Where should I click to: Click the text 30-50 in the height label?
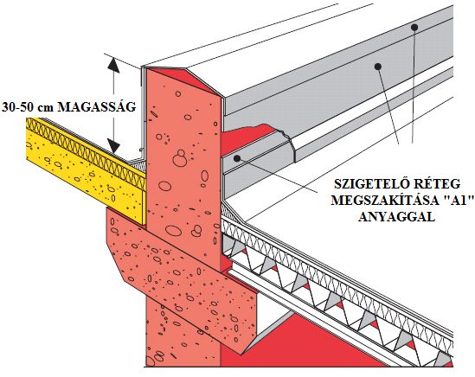[x=19, y=107]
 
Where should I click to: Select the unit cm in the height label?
[x=47, y=108]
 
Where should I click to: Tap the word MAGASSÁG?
[x=96, y=106]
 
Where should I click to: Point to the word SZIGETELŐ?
[x=369, y=183]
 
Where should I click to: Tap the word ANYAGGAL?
[x=396, y=217]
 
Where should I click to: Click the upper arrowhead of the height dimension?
[x=113, y=66]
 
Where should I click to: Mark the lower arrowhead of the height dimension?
[x=113, y=145]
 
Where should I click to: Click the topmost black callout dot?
[x=414, y=28]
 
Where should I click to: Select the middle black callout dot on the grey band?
[x=377, y=66]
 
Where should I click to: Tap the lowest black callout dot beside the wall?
[x=237, y=157]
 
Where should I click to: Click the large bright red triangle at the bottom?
[x=303, y=342]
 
